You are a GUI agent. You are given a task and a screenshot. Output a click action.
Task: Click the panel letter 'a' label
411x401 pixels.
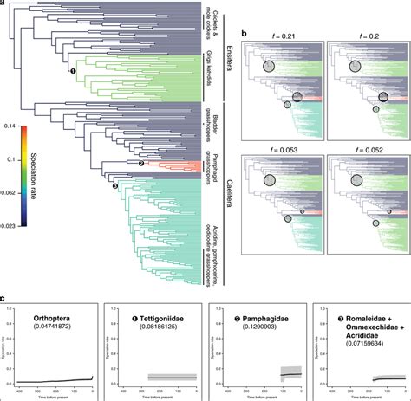pos(3,4)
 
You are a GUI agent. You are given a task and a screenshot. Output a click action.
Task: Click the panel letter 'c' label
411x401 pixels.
pos(3,298)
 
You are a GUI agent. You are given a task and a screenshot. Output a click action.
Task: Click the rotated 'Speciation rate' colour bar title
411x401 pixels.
pos(42,174)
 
